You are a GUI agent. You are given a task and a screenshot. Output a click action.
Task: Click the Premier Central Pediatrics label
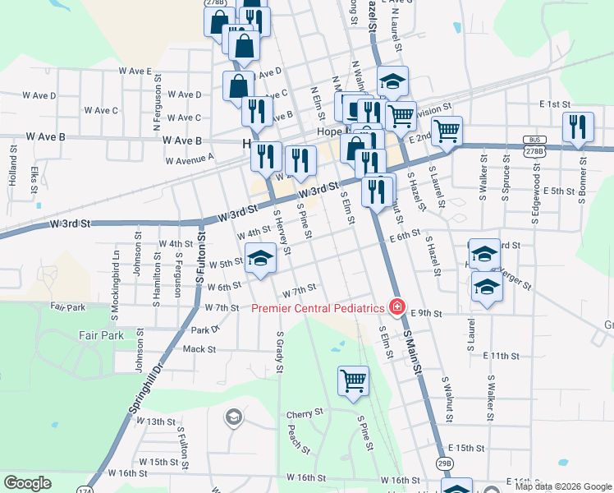tap(318, 308)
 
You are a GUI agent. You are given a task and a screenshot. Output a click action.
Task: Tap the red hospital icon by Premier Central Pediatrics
tap(397, 307)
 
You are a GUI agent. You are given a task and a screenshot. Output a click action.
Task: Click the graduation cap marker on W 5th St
tap(261, 259)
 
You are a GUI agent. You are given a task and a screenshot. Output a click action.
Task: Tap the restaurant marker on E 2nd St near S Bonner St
tap(579, 127)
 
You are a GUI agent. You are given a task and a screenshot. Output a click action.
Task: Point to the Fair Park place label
tap(102, 335)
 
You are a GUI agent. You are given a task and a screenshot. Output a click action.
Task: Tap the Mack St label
tap(199, 349)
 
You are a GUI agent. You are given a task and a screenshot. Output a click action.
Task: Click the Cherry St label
tap(301, 414)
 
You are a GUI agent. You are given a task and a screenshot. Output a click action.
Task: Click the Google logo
tap(27, 483)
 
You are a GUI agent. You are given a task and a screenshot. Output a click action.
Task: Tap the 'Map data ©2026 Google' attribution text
tap(562, 486)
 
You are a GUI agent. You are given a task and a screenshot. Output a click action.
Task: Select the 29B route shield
tap(445, 463)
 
